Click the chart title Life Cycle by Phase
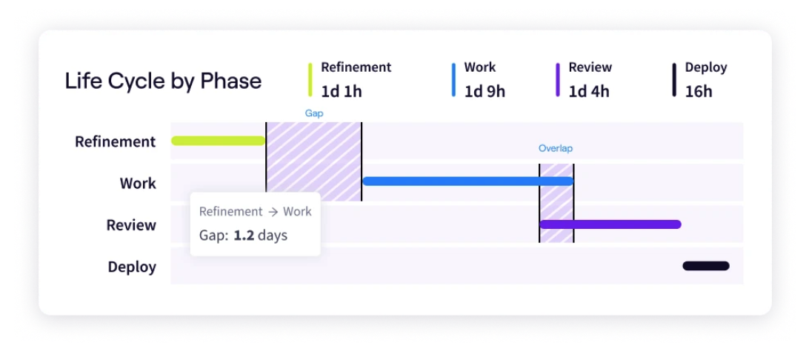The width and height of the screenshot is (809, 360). click(163, 81)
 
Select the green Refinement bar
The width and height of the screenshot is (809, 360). click(218, 141)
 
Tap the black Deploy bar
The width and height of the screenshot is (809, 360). click(706, 266)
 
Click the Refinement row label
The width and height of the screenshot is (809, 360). click(115, 141)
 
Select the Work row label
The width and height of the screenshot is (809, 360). click(138, 183)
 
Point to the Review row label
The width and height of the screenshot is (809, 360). click(131, 225)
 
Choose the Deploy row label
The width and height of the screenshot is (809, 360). click(132, 267)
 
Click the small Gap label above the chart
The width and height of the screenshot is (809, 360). click(314, 114)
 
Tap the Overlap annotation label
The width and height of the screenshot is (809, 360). click(556, 148)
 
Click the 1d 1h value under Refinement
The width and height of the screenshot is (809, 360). click(342, 92)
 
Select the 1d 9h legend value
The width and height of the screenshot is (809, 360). click(485, 92)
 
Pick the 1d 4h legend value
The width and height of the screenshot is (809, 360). click(589, 92)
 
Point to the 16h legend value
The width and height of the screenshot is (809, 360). click(699, 92)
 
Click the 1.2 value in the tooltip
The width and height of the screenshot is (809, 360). click(244, 236)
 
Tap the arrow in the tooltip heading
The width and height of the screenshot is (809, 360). click(273, 212)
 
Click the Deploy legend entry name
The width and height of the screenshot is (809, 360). click(706, 67)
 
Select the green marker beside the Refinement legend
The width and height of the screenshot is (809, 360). click(310, 80)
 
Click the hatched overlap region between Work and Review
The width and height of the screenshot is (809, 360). click(556, 203)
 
